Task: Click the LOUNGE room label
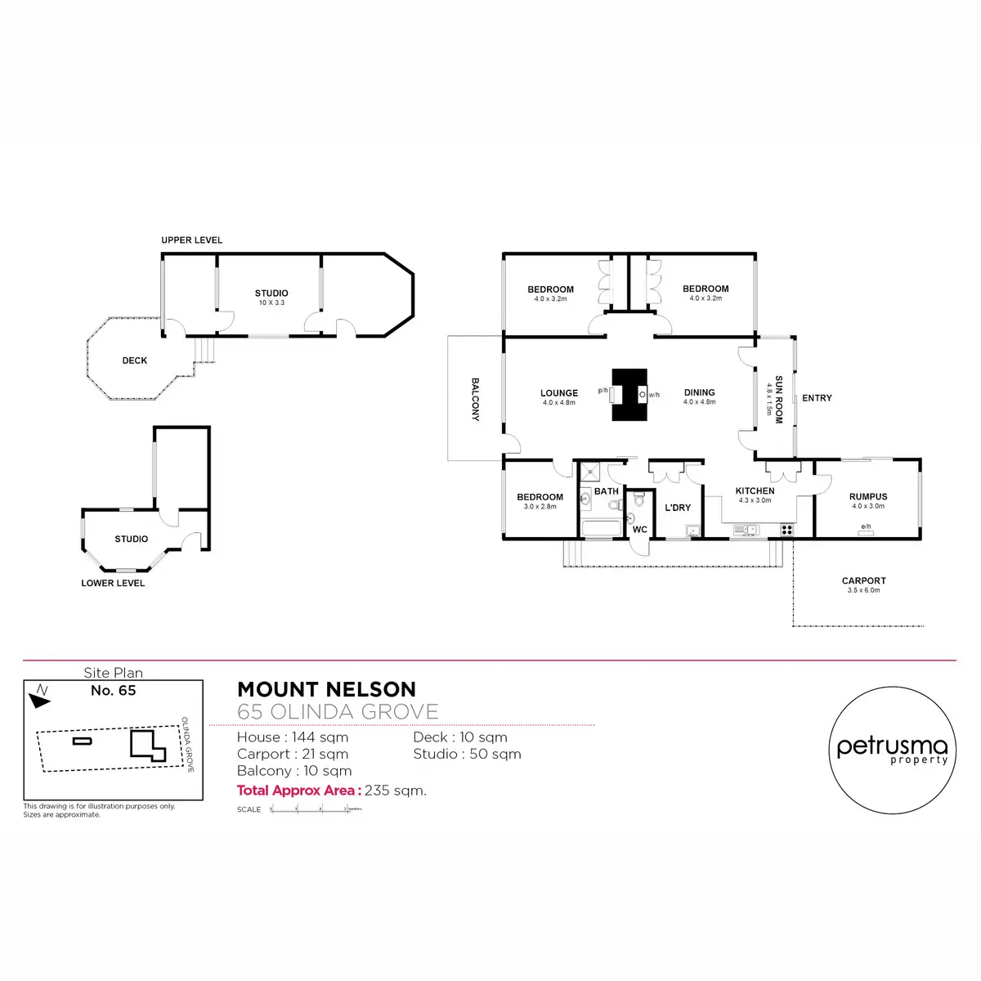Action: pos(559,393)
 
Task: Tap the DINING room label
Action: pos(699,392)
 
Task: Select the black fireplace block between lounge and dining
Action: pos(629,395)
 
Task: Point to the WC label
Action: pos(640,530)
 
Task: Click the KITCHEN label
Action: pos(755,491)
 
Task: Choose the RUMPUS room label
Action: pos(868,496)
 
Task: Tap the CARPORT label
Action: pos(863,581)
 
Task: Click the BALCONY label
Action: pos(476,399)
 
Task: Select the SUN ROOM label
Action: pos(779,399)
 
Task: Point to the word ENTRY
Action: pos(817,398)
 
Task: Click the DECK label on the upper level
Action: pos(135,361)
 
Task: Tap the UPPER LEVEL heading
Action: pos(192,240)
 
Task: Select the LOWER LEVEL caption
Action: pos(113,583)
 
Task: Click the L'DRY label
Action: pos(678,508)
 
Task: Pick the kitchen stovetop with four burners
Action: pos(786,530)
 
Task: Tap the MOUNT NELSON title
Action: pos(326,689)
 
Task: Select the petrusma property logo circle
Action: pos(893,750)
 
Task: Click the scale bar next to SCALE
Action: pos(315,809)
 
